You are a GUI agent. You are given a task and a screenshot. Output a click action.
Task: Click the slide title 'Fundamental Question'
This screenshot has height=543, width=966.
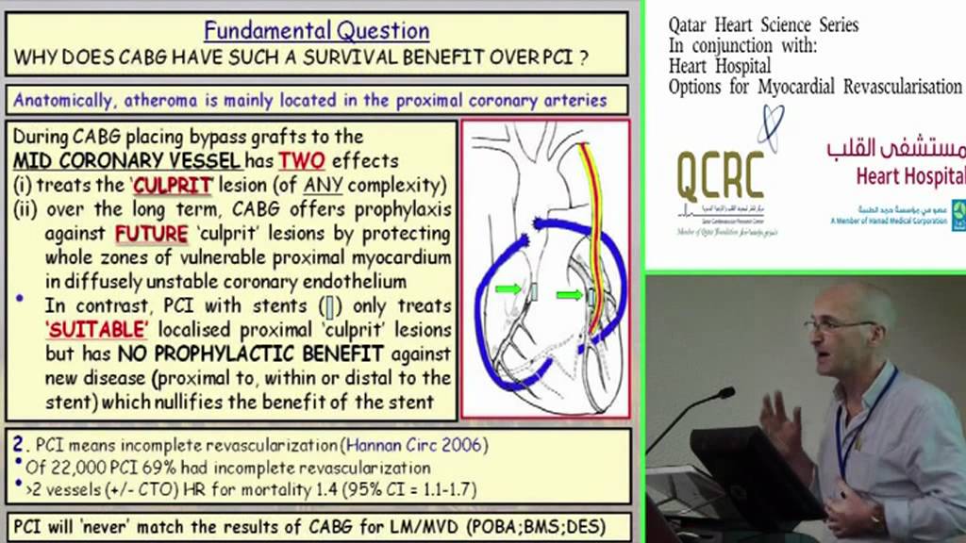[317, 30]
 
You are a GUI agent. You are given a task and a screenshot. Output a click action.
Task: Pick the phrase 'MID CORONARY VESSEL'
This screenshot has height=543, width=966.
[126, 160]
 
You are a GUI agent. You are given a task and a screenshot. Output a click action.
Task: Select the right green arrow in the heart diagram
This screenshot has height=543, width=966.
[569, 295]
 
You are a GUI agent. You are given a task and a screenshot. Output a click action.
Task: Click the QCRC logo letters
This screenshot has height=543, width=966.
[720, 175]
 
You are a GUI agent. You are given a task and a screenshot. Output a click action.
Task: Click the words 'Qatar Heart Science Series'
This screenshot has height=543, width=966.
[763, 25]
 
